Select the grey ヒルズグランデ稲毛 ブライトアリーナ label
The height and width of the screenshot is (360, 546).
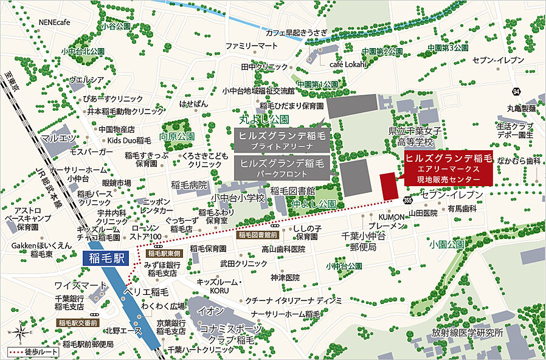pos(280,140)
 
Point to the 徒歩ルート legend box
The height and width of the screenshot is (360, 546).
pos(30,352)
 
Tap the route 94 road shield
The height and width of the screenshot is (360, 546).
pos(516,92)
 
